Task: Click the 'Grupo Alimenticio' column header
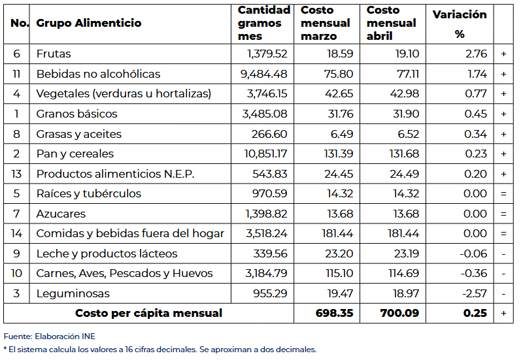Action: point(88,24)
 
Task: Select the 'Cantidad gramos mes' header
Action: point(263,24)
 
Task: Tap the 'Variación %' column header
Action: point(460,24)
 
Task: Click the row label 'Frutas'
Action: point(54,54)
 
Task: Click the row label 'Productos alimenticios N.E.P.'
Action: point(116,174)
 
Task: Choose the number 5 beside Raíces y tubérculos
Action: point(16,193)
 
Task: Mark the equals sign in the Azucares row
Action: point(503,214)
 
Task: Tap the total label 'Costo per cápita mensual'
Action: point(148,313)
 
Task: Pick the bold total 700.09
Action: point(400,313)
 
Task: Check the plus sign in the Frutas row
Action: point(503,54)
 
